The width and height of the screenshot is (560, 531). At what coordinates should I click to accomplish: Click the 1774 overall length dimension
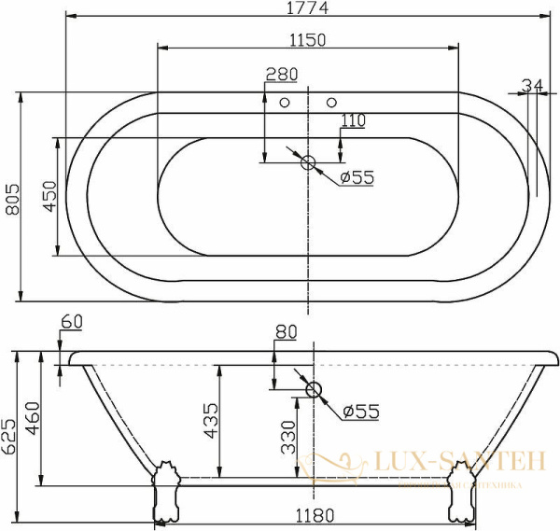point(309,8)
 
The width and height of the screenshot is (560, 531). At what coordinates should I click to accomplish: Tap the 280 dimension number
point(281,75)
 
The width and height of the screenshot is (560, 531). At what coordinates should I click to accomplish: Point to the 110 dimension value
point(353,119)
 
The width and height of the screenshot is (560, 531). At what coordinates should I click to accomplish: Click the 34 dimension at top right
point(532,86)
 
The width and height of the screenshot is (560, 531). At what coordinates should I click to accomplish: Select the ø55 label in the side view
point(358,411)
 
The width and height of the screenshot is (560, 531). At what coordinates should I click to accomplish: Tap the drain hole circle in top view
point(309,163)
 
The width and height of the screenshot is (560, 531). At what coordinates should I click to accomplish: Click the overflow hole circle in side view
point(313,390)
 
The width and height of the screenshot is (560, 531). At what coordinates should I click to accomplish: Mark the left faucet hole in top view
point(287,102)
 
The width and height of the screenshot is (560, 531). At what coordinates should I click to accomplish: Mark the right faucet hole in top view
point(331,102)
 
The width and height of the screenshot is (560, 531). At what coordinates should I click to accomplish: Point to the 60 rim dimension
point(72,322)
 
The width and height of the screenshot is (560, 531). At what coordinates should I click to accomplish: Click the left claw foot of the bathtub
point(167,488)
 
